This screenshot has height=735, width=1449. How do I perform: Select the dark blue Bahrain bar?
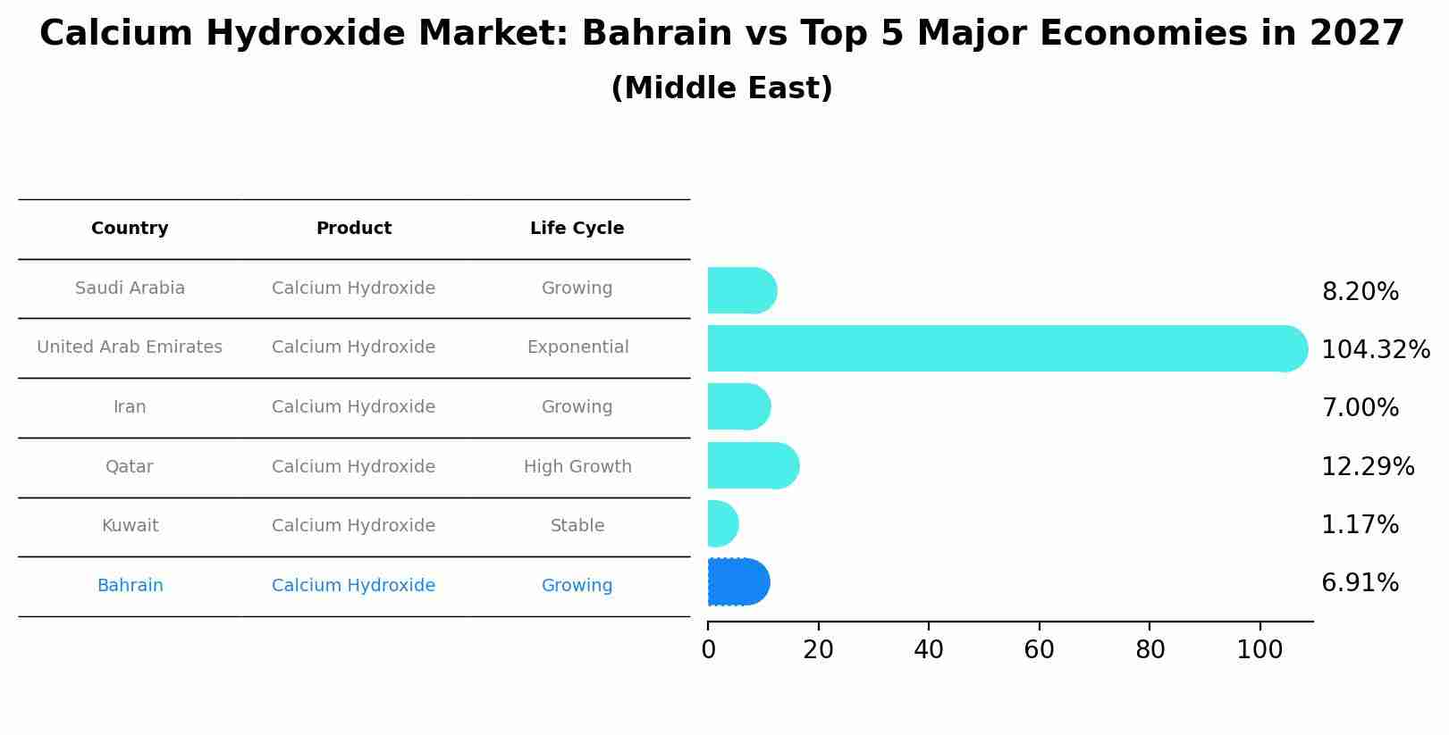point(738,582)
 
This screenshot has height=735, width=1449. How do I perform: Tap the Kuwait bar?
point(722,523)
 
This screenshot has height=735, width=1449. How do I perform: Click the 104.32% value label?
point(1375,350)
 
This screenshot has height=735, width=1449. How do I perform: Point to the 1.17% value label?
point(1360,525)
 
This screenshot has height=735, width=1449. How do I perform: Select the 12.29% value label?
point(1368,467)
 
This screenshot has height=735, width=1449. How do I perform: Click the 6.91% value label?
point(1360,583)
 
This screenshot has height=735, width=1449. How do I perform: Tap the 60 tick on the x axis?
point(1039,650)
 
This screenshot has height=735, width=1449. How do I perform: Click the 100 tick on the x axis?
point(1259,650)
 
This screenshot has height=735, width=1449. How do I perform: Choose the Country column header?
point(130,229)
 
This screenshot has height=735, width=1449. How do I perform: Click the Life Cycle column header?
point(577,229)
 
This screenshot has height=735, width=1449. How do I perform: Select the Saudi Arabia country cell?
point(130,288)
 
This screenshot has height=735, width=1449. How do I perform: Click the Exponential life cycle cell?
point(577,347)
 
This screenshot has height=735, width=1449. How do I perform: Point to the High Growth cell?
point(577,467)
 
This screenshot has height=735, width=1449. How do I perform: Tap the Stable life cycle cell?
point(577,526)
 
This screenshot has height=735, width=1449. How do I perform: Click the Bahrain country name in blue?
point(130,586)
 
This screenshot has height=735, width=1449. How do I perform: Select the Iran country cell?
point(130,407)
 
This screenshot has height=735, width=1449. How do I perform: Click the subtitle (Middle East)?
point(721,88)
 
